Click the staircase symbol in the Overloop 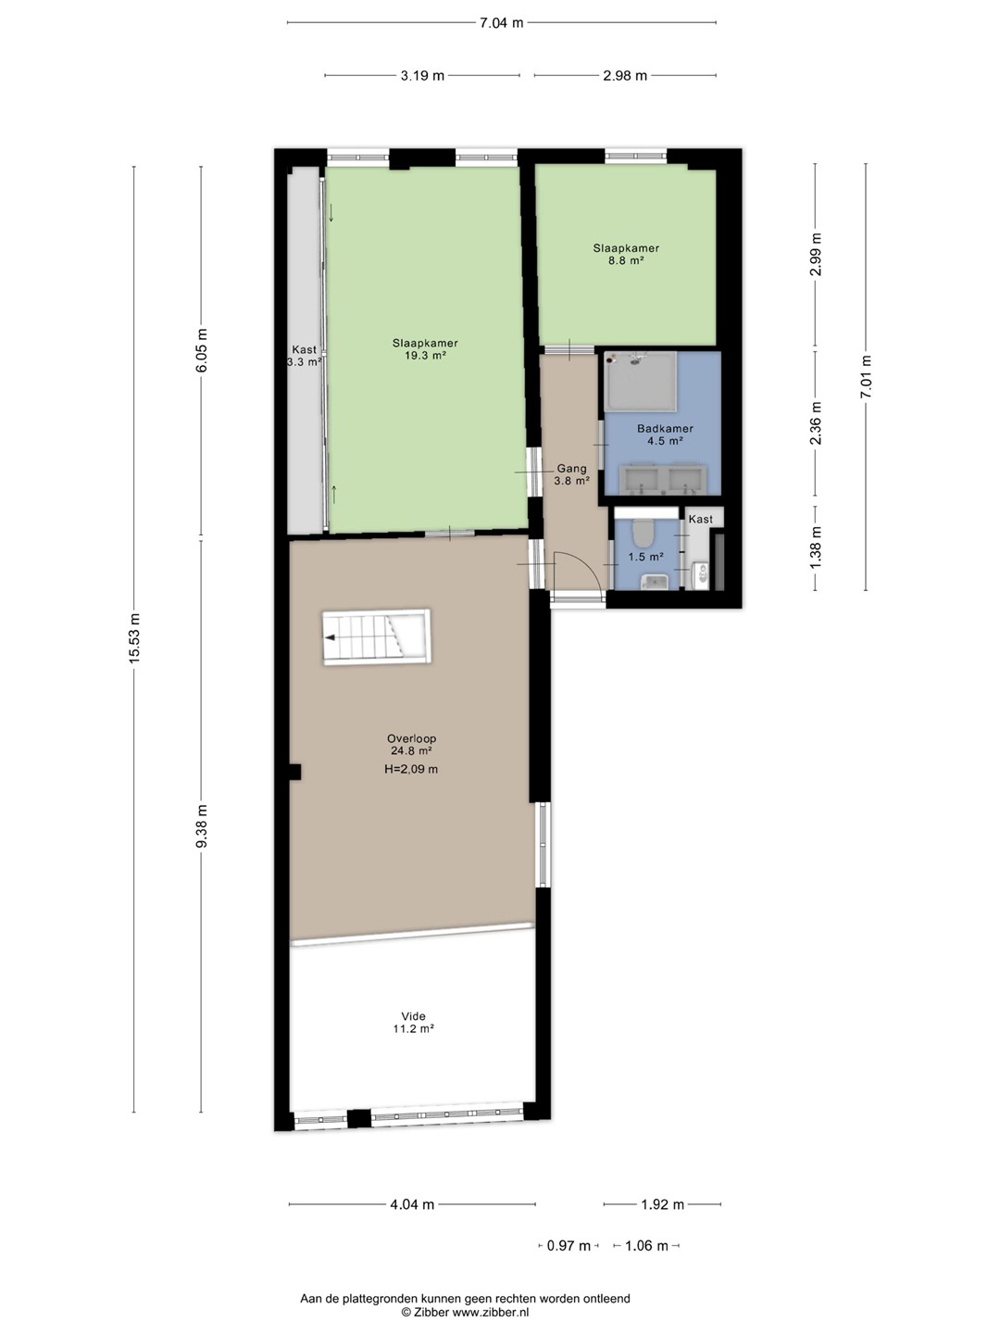click(x=377, y=637)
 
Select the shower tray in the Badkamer click(x=641, y=381)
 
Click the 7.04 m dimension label click(x=502, y=23)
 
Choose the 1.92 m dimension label click(x=662, y=1204)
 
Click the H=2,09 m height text click(x=411, y=769)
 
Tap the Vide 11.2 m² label click(x=413, y=1022)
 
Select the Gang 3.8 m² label click(x=572, y=474)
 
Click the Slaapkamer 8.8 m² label click(x=626, y=254)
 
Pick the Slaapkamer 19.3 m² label click(x=425, y=349)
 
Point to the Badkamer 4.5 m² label click(x=665, y=434)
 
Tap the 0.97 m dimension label click(x=569, y=1246)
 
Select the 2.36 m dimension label click(x=816, y=423)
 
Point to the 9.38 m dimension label click(x=202, y=826)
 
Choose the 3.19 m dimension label click(x=422, y=76)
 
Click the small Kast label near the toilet click(x=701, y=519)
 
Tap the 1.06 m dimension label click(x=646, y=1246)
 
